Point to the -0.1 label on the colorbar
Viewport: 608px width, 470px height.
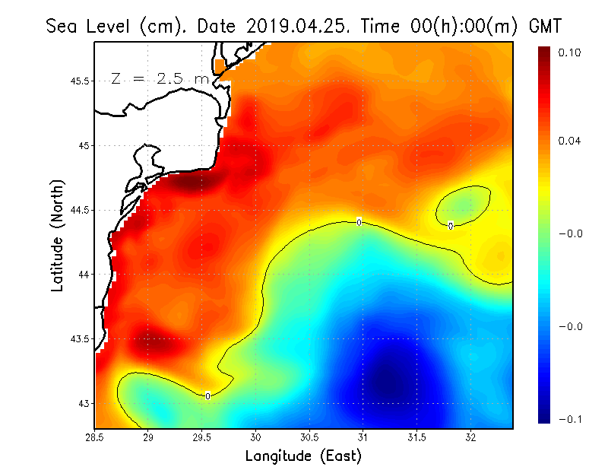click(568, 419)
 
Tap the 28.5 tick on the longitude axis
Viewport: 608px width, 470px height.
click(94, 437)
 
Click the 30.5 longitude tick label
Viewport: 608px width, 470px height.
click(309, 437)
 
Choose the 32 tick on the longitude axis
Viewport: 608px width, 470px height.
click(470, 437)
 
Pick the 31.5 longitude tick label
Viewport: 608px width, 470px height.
click(416, 437)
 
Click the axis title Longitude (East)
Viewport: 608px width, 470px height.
click(302, 456)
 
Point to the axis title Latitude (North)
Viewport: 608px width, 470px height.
click(58, 235)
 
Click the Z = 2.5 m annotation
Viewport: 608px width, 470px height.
click(160, 78)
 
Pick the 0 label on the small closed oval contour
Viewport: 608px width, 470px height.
click(451, 226)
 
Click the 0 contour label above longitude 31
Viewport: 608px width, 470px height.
click(359, 222)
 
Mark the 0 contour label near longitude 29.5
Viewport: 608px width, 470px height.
click(207, 395)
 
